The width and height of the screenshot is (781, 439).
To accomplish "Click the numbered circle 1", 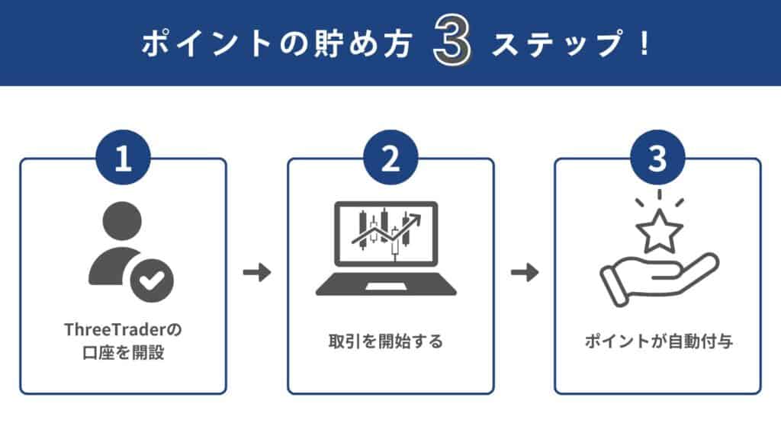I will click(x=123, y=159).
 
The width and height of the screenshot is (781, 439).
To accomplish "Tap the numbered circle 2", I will click(x=390, y=159).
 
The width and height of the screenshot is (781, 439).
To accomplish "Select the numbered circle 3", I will click(x=657, y=159).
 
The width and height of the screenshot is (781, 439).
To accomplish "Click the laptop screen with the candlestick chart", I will click(x=386, y=233).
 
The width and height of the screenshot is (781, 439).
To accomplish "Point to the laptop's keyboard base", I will click(x=386, y=287).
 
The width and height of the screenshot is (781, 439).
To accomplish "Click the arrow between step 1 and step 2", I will click(x=257, y=273).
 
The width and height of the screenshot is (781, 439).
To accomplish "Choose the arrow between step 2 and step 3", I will click(x=524, y=273).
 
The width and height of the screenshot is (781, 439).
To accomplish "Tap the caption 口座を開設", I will click(x=123, y=353).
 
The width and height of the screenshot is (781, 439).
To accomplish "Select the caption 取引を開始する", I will click(x=390, y=341).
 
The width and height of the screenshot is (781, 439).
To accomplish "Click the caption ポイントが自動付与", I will click(x=657, y=341).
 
